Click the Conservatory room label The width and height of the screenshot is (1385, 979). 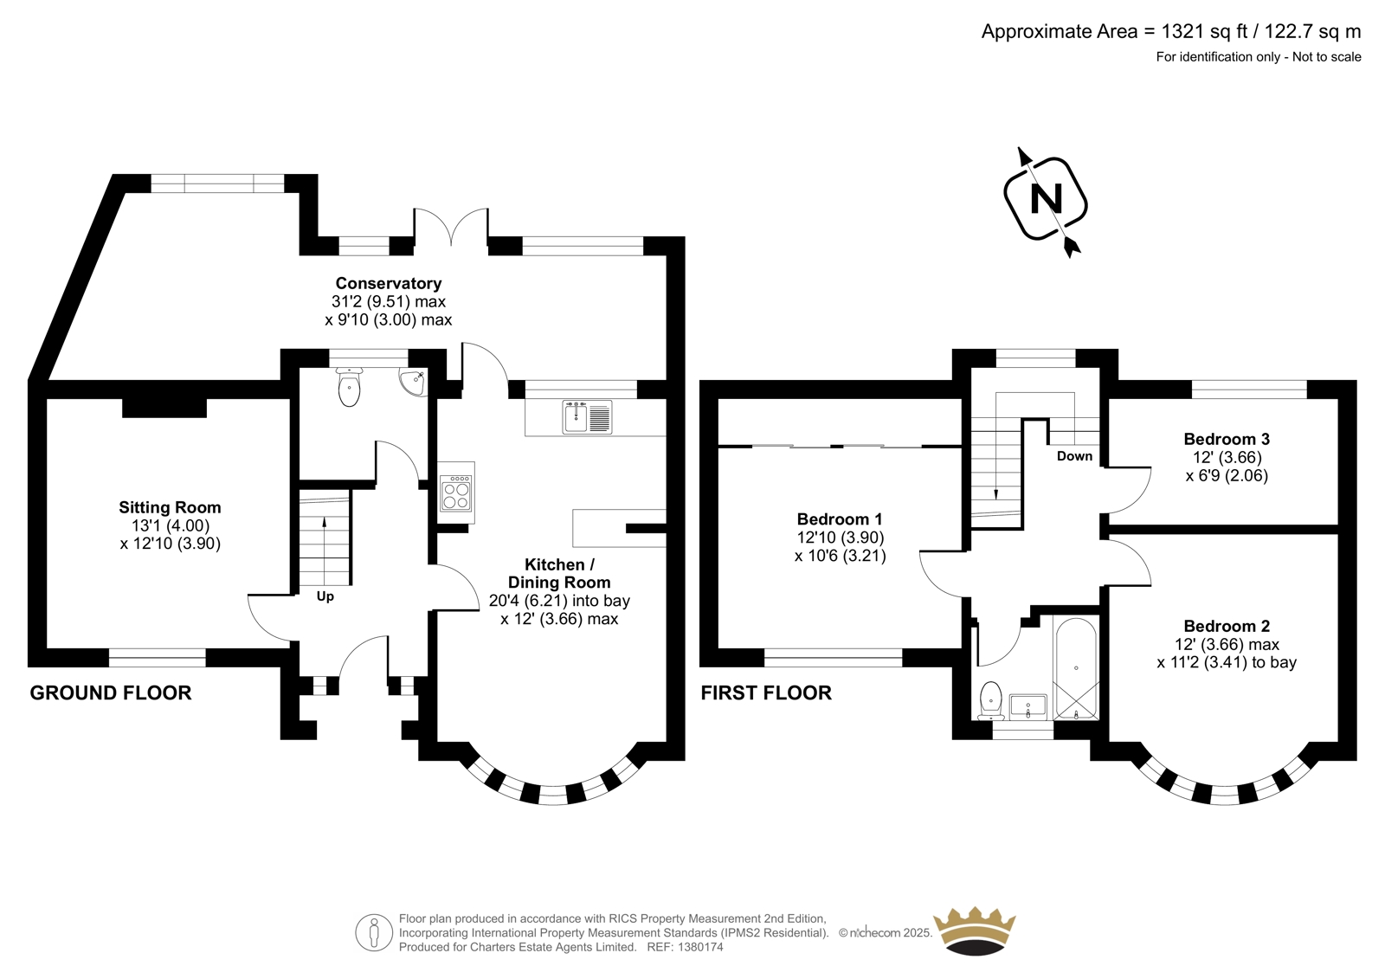[389, 283]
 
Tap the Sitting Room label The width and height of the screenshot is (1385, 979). [170, 508]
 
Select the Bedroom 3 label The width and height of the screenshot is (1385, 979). [1227, 439]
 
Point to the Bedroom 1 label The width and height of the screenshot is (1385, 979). [840, 518]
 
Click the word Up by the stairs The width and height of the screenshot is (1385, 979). [325, 596]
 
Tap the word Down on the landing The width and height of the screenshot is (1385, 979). [1074, 456]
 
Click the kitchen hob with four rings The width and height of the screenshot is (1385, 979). [457, 493]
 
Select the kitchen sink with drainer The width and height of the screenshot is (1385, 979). [588, 416]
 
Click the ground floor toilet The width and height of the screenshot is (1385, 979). [350, 387]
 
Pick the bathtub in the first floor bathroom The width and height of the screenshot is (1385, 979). [1077, 668]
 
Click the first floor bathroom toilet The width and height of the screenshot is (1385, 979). [990, 700]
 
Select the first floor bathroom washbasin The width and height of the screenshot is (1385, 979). [1027, 706]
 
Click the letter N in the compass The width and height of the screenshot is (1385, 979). [1047, 199]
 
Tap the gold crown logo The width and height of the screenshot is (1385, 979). [975, 931]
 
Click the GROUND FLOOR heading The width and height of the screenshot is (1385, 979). [111, 692]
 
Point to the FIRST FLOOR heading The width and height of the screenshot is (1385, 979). [766, 692]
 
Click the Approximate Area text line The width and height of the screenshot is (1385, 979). [1171, 31]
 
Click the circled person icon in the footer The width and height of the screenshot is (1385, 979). [374, 932]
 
